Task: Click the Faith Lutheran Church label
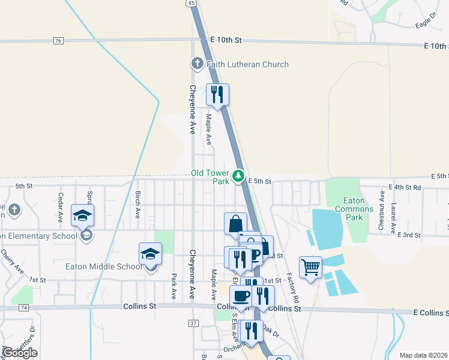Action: (247, 64)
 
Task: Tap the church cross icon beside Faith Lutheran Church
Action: (196, 64)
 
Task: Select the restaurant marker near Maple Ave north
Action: (218, 95)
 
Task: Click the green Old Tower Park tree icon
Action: (238, 176)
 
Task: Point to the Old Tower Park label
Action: (210, 176)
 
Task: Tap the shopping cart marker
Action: (310, 268)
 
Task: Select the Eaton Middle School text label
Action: (104, 266)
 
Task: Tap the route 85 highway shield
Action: (191, 3)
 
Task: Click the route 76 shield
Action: (58, 41)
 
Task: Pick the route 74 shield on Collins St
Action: (23, 307)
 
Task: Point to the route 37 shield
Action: (193, 323)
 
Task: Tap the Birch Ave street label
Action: (137, 205)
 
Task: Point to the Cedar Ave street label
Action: (60, 208)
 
